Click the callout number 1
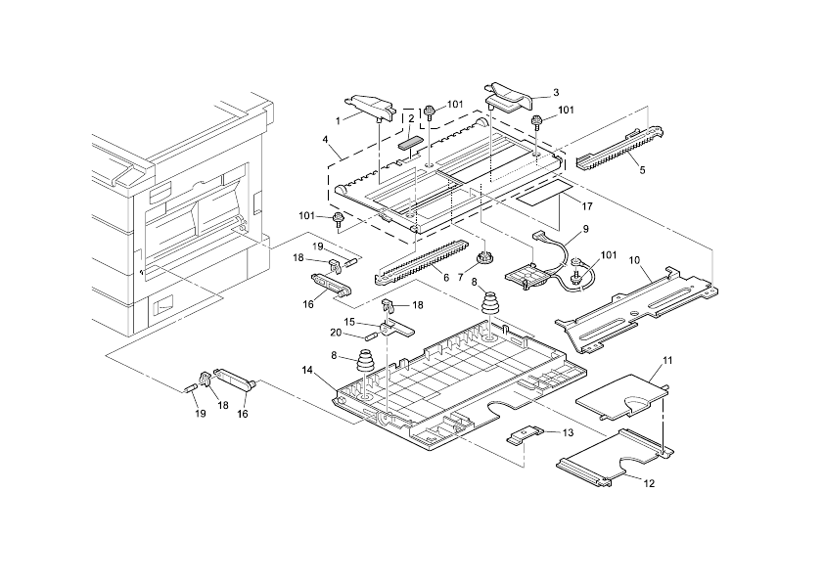[x=339, y=120]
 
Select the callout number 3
[x=556, y=93]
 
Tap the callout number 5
[x=642, y=169]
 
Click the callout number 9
[x=584, y=228]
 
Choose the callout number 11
[x=667, y=362]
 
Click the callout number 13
[x=566, y=432]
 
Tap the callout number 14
[x=307, y=370]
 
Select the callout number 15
[x=349, y=322]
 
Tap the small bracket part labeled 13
[x=526, y=433]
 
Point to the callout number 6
[x=445, y=278]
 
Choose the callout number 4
[x=324, y=140]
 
